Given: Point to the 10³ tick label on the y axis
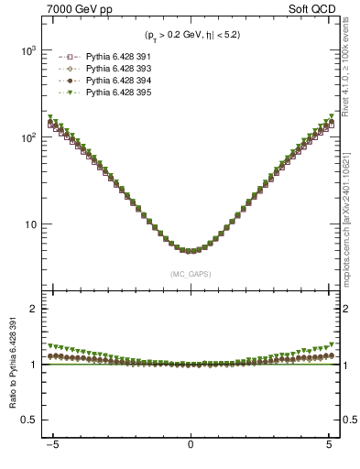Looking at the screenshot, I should point(29,51).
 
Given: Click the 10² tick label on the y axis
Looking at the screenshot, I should point(29,137).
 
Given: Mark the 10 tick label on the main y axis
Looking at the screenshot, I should point(32,224).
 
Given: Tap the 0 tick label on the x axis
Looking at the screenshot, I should point(191,445).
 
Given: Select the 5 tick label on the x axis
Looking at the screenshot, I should point(329,445).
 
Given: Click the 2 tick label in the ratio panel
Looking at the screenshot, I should point(37,309).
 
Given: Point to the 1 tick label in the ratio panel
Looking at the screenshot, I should point(37,365).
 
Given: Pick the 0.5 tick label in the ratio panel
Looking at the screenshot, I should point(33,420).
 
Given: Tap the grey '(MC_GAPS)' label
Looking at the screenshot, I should point(190,274).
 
